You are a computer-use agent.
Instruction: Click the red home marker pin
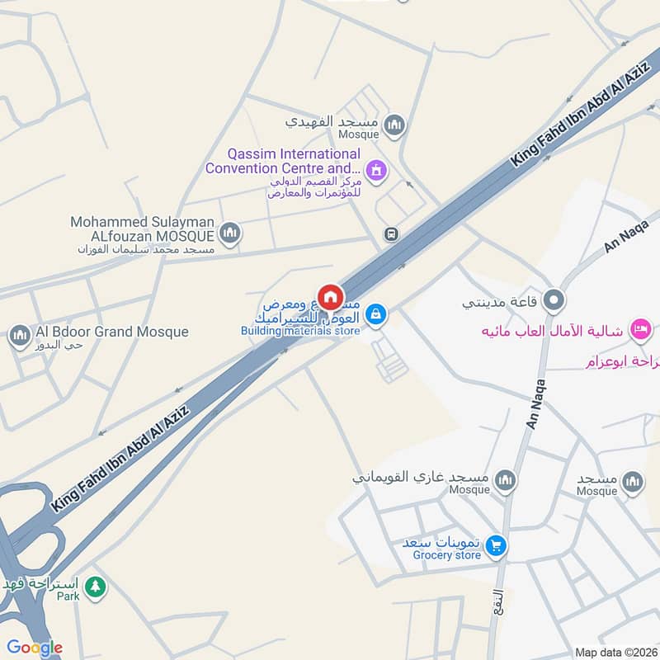coord(331,297)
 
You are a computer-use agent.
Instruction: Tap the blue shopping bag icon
coord(375,313)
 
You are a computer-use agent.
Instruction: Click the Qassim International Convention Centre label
coord(283,162)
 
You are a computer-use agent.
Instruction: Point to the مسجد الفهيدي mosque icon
coord(395,125)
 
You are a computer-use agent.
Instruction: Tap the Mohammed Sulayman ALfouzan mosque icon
coord(230,233)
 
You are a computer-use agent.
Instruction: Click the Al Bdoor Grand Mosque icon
coord(18,335)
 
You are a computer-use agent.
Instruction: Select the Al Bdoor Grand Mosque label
coord(112,332)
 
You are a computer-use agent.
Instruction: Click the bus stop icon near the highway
coord(391,234)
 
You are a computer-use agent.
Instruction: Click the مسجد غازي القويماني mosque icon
coord(505,479)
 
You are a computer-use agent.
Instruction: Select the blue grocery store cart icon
coord(496,544)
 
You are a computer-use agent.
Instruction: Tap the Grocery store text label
coord(446,555)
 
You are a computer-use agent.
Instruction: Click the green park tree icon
coord(97,587)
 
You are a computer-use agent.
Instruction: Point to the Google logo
coord(35,648)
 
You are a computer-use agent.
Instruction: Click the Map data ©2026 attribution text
coord(615,653)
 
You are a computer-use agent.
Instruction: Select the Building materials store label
coord(300,331)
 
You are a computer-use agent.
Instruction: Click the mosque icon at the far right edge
coord(633,482)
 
